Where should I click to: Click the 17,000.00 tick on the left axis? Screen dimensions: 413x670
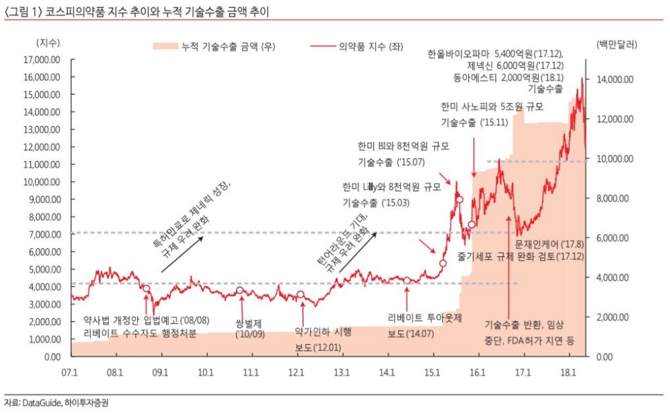click(42, 60)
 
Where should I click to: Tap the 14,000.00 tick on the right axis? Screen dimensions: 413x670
click(615, 80)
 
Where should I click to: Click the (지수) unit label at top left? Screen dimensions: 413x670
click(48, 42)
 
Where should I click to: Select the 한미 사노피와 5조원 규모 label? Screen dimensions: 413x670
click(491, 107)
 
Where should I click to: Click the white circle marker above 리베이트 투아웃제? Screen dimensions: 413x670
click(407, 280)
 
